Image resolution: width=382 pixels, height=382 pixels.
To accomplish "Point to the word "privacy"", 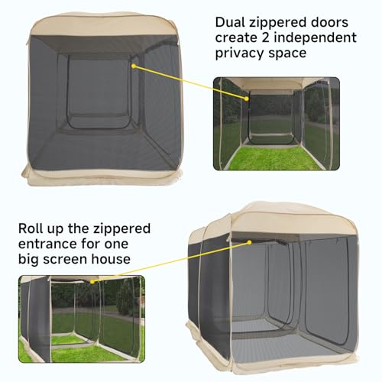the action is [x=239, y=54].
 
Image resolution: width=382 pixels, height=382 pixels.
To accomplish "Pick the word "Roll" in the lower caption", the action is [x=31, y=228].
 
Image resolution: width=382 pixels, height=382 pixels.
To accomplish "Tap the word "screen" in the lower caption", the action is [x=65, y=260].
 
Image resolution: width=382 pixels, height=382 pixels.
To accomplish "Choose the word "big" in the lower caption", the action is [x=28, y=260].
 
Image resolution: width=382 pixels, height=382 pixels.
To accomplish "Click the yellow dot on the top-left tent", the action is [x=133, y=66].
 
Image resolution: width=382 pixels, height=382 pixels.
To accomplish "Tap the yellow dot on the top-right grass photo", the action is [x=246, y=99].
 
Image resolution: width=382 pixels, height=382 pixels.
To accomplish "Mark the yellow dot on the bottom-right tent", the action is [x=249, y=242].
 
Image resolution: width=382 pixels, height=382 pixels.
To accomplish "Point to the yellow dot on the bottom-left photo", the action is [x=92, y=282].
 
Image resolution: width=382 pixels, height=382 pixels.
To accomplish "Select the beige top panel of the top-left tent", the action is [x=104, y=25].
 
